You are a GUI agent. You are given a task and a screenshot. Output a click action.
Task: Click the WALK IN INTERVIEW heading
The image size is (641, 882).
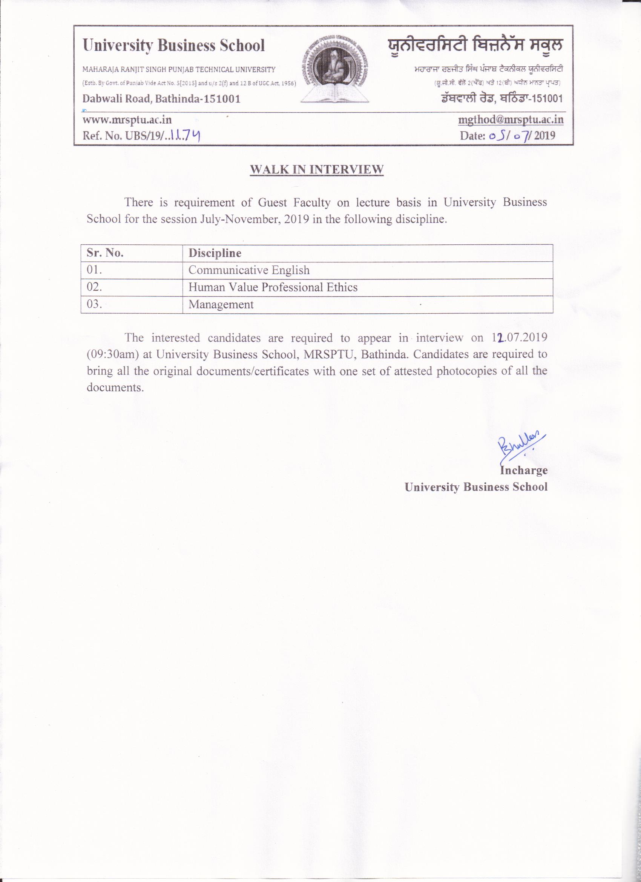click(x=317, y=170)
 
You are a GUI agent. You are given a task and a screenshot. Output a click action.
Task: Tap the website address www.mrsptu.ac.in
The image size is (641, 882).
click(x=127, y=120)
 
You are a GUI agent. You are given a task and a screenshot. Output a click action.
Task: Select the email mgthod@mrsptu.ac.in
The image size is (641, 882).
click(x=511, y=120)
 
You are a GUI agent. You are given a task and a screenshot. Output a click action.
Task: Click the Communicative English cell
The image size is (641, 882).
click(x=249, y=270)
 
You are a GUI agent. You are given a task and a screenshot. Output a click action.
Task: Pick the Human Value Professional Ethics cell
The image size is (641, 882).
click(x=273, y=287)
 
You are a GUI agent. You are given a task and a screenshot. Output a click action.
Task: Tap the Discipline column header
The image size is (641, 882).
click(x=215, y=253)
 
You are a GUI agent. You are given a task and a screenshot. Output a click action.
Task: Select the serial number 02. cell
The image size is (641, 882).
click(x=95, y=287)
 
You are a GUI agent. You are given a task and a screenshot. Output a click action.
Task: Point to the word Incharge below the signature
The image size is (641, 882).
click(x=523, y=470)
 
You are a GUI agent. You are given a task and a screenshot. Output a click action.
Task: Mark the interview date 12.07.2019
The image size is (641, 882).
click(x=518, y=337)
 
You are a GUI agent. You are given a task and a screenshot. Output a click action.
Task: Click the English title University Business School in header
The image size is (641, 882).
click(x=173, y=46)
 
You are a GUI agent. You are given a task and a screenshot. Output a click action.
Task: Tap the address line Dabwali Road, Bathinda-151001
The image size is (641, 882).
click(x=161, y=99)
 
